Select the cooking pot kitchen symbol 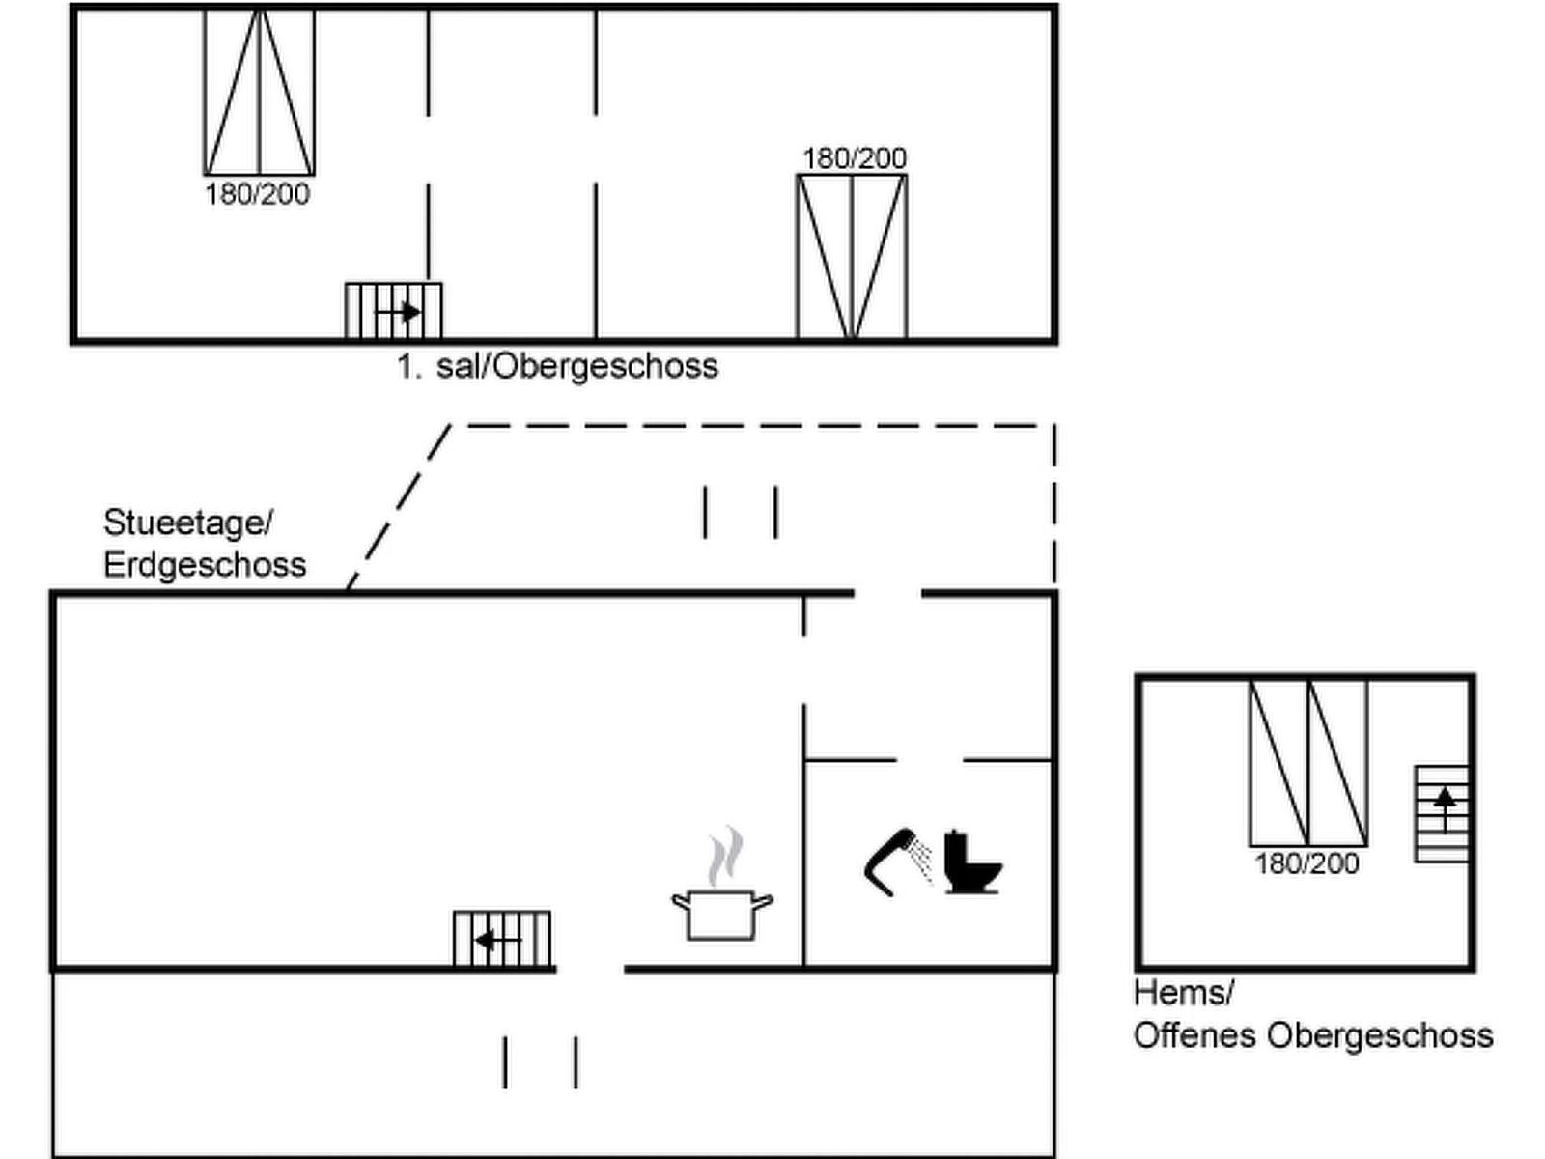(x=721, y=914)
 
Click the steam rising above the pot (x=725, y=856)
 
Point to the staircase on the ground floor (x=502, y=939)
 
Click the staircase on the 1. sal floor (x=394, y=311)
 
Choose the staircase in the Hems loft (x=1442, y=813)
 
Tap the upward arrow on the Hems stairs (x=1445, y=806)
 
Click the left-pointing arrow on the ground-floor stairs (x=497, y=939)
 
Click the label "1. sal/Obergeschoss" (x=558, y=366)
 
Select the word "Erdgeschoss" (x=205, y=564)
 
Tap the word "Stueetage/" (x=188, y=523)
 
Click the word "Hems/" (x=1184, y=992)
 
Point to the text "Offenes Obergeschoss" (x=1313, y=1035)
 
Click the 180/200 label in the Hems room (x=1306, y=862)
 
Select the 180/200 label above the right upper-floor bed (x=855, y=158)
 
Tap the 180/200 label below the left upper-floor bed (x=258, y=194)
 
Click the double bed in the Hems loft (x=1308, y=763)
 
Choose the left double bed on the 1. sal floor (x=259, y=92)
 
